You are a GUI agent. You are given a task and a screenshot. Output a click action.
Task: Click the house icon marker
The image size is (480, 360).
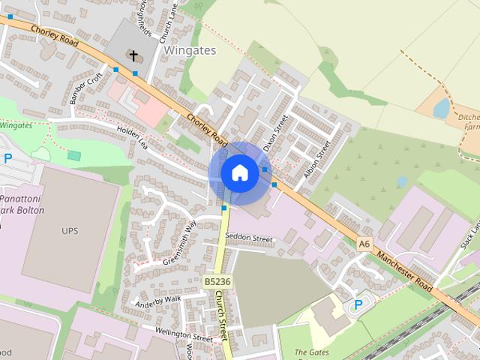click(239, 173)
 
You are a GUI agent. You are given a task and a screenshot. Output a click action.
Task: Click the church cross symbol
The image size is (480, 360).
click(133, 55)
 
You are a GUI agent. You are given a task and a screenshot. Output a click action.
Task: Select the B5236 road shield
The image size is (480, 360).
click(216, 281)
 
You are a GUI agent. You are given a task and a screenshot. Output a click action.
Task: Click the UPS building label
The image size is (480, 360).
click(70, 230)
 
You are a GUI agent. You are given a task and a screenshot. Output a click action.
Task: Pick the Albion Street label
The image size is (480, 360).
click(317, 157)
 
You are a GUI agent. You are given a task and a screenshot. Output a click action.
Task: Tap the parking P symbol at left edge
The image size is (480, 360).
click(8, 158)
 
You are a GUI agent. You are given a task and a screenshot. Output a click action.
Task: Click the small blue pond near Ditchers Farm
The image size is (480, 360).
click(441, 109)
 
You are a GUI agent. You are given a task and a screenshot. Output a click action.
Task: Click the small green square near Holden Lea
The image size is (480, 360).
click(73, 155)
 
